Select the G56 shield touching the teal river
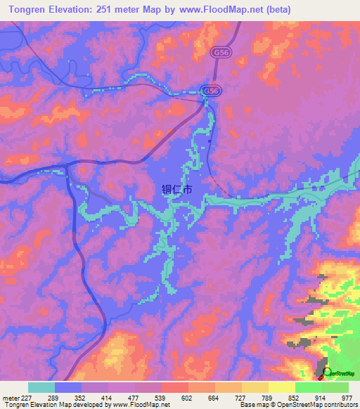pyautogui.click(x=209, y=91)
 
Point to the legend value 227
pyautogui.click(x=27, y=397)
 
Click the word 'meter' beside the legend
pyautogui.click(x=9, y=397)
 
